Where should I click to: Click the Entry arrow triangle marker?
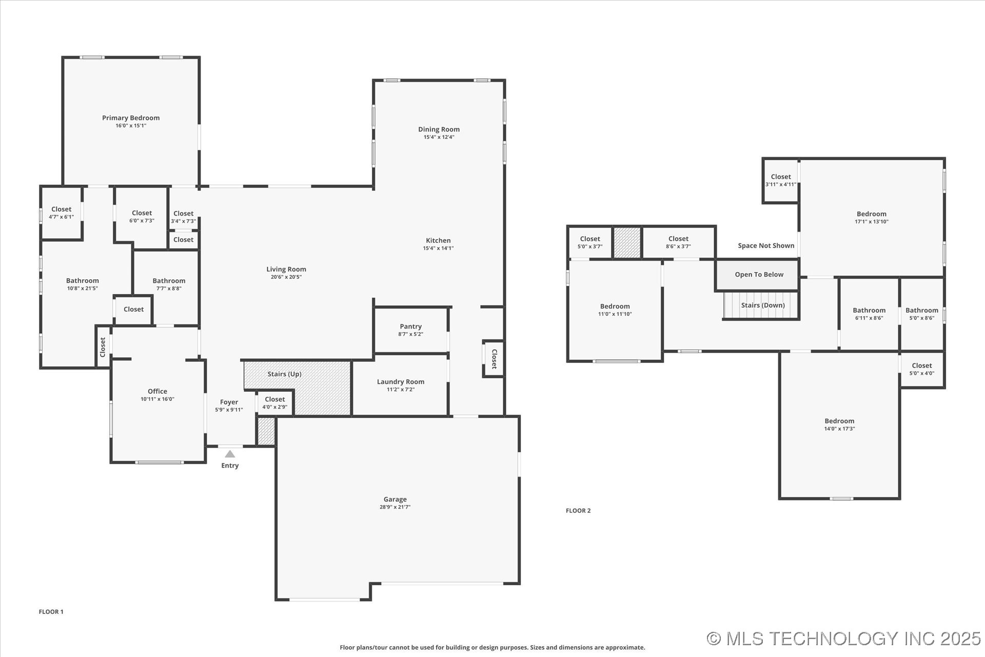point(230,454)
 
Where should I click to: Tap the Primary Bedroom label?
point(131,118)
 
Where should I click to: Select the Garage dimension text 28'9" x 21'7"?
point(395,507)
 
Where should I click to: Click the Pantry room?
point(410,330)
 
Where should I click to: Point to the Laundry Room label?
point(400,382)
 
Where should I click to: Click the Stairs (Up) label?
point(284,374)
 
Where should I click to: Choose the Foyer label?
point(229,402)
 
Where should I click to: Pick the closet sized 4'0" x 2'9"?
point(275,403)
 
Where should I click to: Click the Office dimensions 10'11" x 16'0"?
point(157,399)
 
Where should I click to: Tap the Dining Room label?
point(439,129)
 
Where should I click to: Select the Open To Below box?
point(758,275)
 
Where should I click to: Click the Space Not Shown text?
point(765,246)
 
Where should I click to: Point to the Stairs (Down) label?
point(762,305)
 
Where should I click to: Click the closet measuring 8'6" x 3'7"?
point(678,242)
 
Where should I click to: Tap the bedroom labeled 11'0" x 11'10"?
point(615,310)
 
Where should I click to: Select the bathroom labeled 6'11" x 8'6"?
point(869,314)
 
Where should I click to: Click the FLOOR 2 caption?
point(578,511)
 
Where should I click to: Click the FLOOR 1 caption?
point(51,612)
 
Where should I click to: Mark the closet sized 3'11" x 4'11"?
point(780,180)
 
